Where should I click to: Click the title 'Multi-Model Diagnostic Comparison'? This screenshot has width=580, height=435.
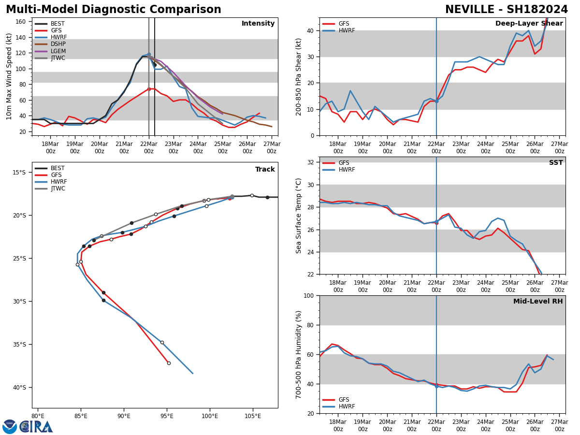[114, 10]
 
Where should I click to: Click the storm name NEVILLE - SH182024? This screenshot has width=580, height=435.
[506, 10]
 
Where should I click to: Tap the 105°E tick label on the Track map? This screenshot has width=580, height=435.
[252, 416]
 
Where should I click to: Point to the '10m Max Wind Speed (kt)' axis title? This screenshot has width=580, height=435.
[9, 76]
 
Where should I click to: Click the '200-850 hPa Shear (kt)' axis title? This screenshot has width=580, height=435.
[299, 76]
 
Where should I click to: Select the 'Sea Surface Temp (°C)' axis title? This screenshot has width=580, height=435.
[299, 216]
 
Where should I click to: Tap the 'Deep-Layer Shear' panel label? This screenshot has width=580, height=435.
[529, 24]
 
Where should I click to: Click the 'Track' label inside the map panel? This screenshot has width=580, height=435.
[265, 170]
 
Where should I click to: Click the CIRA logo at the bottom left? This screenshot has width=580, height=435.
[36, 427]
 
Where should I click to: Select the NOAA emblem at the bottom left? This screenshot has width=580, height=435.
[10, 427]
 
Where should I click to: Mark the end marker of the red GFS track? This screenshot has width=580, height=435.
[169, 363]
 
